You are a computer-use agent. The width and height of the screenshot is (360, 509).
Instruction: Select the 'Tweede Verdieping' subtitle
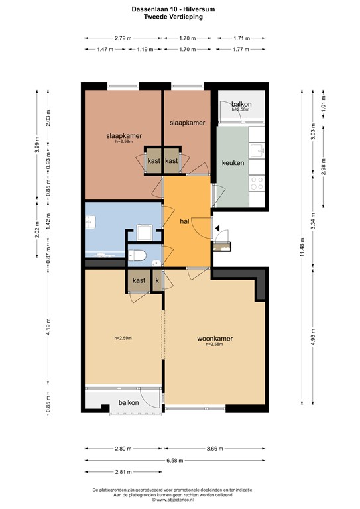coord(179,17)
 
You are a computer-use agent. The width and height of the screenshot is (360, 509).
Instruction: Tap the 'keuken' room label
coord(233,162)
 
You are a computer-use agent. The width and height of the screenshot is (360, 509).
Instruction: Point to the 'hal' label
coord(185,221)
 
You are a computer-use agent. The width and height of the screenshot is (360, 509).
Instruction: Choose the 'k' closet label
coord(157,280)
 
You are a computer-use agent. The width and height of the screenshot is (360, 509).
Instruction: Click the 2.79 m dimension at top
coord(123,38)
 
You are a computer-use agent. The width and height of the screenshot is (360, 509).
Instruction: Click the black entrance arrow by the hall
coord(217,229)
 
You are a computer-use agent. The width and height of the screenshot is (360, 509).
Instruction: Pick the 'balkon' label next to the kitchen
coord(241,105)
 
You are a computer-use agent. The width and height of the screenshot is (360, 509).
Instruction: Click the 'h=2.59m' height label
coord(123,338)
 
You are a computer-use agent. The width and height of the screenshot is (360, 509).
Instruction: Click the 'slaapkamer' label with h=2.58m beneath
coord(124,136)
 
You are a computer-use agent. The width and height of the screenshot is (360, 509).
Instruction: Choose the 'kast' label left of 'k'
coord(139,280)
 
